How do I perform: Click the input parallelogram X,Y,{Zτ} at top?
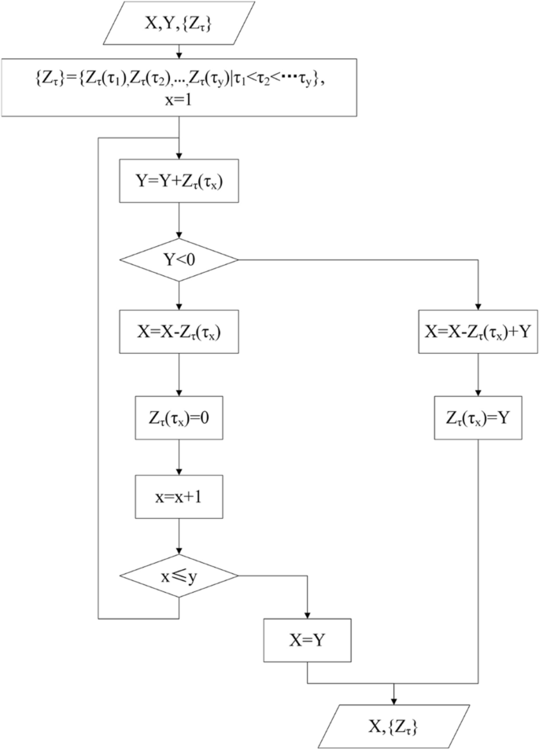(x=180, y=23)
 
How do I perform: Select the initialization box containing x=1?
(x=180, y=86)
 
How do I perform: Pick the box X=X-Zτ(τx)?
(x=180, y=331)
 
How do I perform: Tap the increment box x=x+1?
(x=180, y=497)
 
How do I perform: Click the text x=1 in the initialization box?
(x=180, y=100)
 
